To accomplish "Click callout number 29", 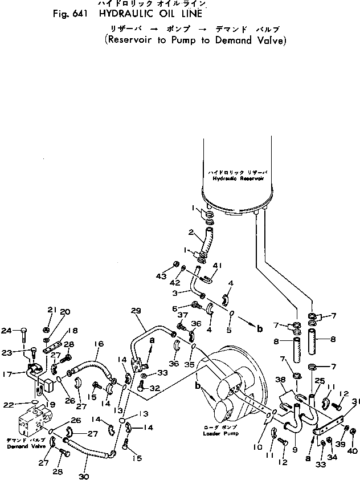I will click(x=135, y=311).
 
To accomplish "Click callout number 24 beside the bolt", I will click(x=7, y=330).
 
